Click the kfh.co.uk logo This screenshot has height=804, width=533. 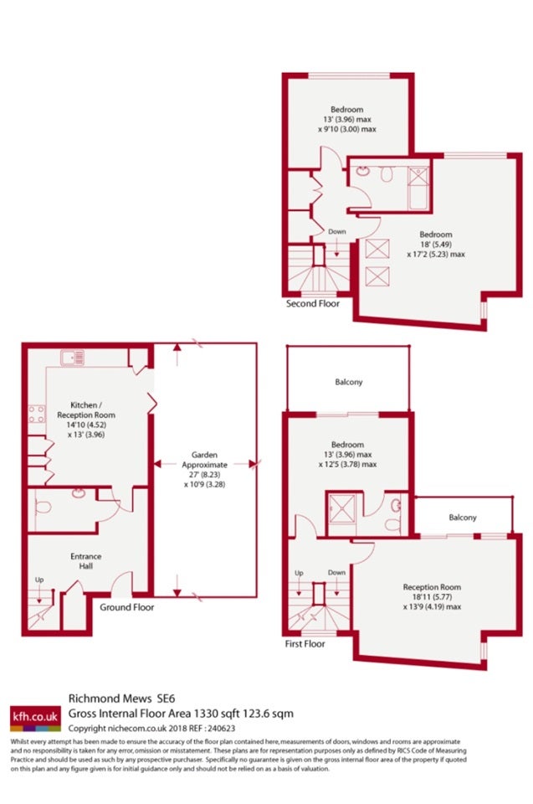[x=35, y=718]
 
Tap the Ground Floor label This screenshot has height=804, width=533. [x=126, y=607]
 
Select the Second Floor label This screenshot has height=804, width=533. [x=313, y=303]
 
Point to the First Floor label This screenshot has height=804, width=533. [x=305, y=643]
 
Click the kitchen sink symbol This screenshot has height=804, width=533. [x=72, y=358]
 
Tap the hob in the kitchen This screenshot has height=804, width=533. [x=36, y=415]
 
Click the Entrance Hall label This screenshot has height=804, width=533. [x=85, y=561]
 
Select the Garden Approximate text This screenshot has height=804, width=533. [x=204, y=460]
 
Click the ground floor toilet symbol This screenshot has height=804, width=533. [x=43, y=507]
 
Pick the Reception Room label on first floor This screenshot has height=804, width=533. [x=432, y=587]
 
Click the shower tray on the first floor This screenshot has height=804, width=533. [x=342, y=508]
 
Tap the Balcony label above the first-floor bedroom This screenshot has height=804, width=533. [x=348, y=382]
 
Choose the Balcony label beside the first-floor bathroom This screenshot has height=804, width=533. [x=462, y=518]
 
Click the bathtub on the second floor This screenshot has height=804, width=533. [x=418, y=188]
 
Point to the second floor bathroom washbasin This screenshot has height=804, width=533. [x=363, y=171]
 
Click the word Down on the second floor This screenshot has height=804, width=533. [x=336, y=232]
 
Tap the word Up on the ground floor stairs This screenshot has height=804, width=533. [x=39, y=580]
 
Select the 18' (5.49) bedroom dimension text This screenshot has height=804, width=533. [x=436, y=244]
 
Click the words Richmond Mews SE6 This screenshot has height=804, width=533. [x=121, y=698]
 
